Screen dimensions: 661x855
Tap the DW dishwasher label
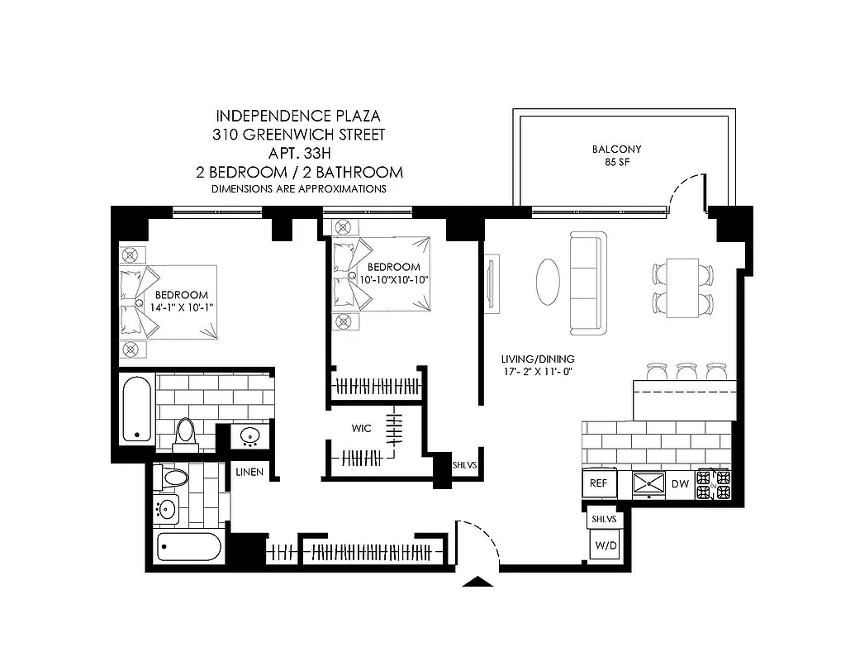pos(680,485)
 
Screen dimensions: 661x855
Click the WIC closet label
pos(361,429)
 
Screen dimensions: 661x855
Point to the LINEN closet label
pos(249,473)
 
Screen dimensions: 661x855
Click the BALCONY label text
pos(616,150)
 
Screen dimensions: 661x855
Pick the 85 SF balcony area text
pos(616,163)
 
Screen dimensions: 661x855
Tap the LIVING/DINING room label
pos(538,359)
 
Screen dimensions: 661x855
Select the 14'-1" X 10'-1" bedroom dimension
pos(181,308)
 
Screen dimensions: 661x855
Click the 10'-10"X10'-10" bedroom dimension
pos(393,280)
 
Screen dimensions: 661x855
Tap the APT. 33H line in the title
pos(299,153)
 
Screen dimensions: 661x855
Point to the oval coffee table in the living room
pos(549,282)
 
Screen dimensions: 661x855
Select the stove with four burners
pos(715,485)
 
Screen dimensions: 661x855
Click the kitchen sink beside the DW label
pos(648,485)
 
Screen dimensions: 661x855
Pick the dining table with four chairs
pos(682,288)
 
